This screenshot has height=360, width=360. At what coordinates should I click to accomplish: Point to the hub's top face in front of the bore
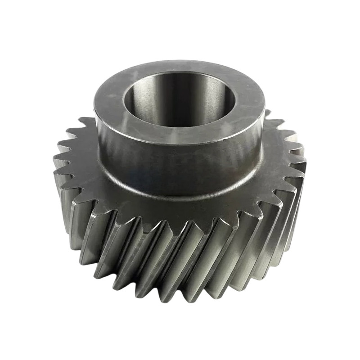180,135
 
